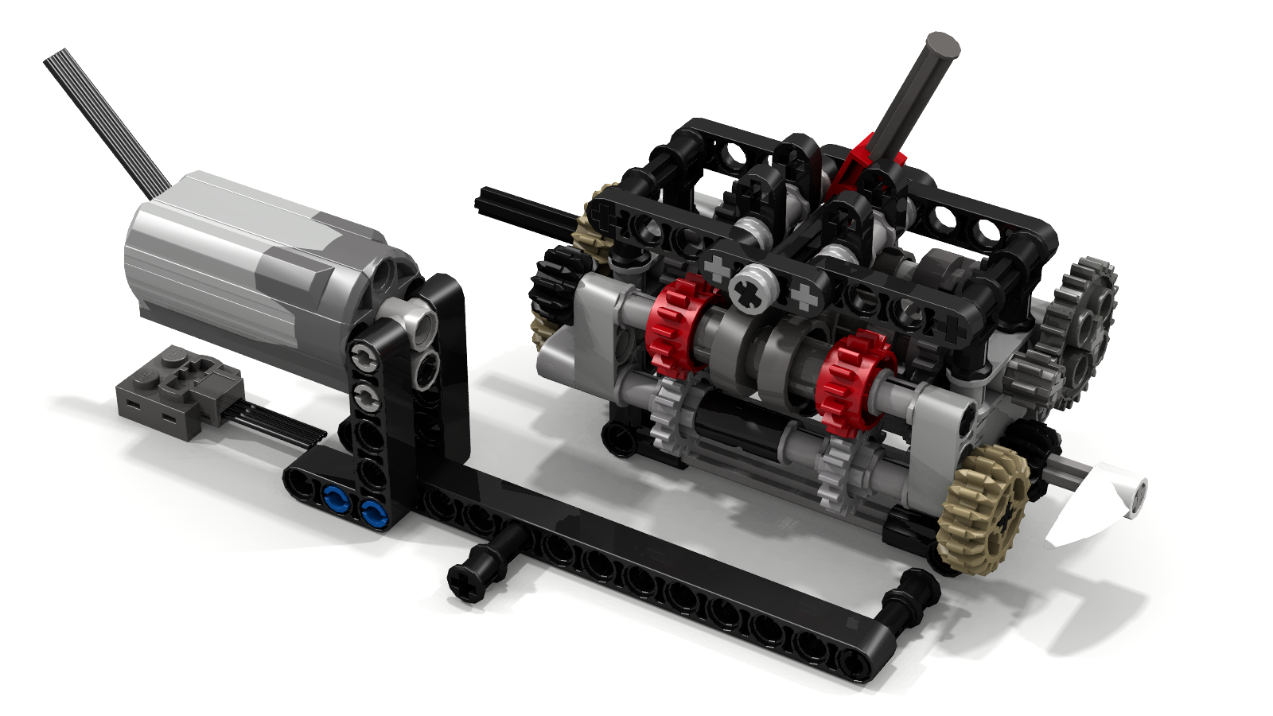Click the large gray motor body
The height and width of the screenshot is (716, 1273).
239,263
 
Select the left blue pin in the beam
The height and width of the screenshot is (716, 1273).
335,500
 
